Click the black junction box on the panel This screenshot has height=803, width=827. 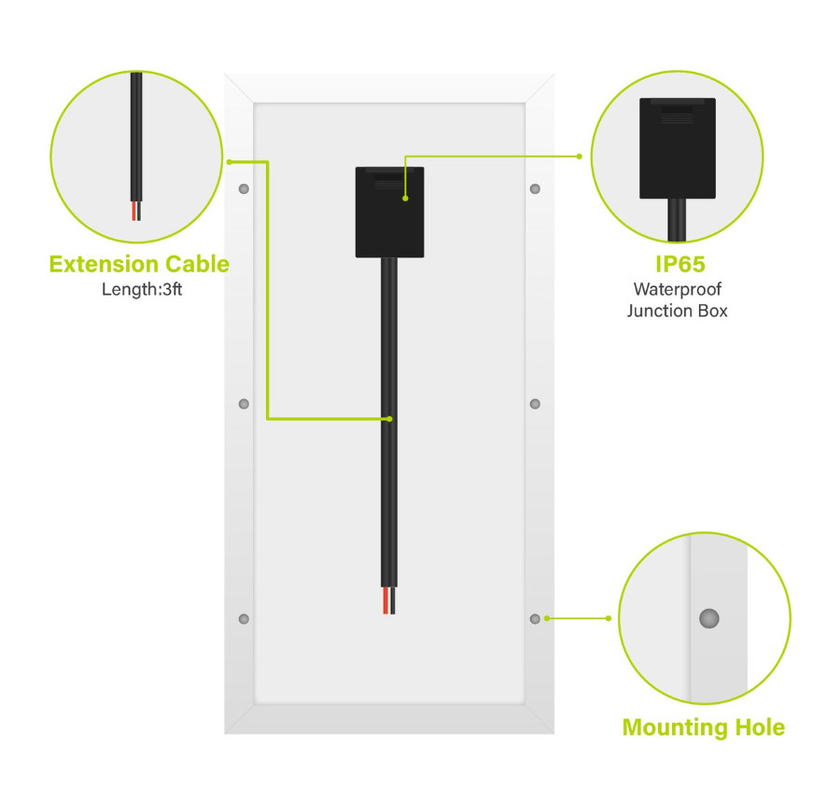pyautogui.click(x=389, y=212)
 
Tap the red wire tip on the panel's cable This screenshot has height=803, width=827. pyautogui.click(x=385, y=601)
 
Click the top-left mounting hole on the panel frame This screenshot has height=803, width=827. pyautogui.click(x=244, y=188)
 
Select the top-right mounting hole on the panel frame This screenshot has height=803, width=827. pyautogui.click(x=535, y=188)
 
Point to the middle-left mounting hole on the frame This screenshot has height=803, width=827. pyautogui.click(x=244, y=404)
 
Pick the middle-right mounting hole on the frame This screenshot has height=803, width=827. pyautogui.click(x=535, y=404)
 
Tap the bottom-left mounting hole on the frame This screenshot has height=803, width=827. pyautogui.click(x=244, y=618)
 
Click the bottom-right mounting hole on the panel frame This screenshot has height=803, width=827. pyautogui.click(x=535, y=618)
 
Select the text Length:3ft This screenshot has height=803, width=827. pyautogui.click(x=142, y=289)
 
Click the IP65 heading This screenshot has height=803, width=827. pyautogui.click(x=680, y=264)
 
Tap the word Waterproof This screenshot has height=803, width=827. pyautogui.click(x=678, y=289)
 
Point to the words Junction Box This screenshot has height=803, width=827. pyautogui.click(x=678, y=311)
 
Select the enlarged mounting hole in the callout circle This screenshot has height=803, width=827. pyautogui.click(x=708, y=618)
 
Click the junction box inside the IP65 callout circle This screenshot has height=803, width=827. pyautogui.click(x=678, y=148)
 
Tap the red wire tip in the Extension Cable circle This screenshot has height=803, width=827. pyautogui.click(x=134, y=211)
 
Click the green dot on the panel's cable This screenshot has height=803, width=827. pyautogui.click(x=390, y=419)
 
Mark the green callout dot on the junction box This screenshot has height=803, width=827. pyautogui.click(x=405, y=198)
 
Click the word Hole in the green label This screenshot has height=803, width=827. pyautogui.click(x=760, y=727)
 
